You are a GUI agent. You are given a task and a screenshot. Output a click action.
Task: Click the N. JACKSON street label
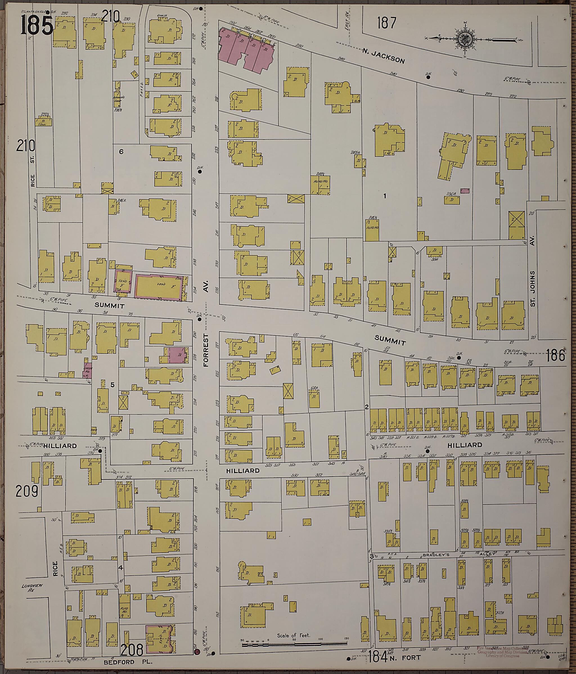(384, 56)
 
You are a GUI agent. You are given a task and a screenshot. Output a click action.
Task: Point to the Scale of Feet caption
(294, 635)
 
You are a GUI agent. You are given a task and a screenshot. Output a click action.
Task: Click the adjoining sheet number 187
(387, 23)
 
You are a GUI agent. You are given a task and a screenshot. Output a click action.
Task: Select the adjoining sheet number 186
(555, 355)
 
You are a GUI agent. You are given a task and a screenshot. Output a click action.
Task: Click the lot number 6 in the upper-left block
(121, 151)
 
